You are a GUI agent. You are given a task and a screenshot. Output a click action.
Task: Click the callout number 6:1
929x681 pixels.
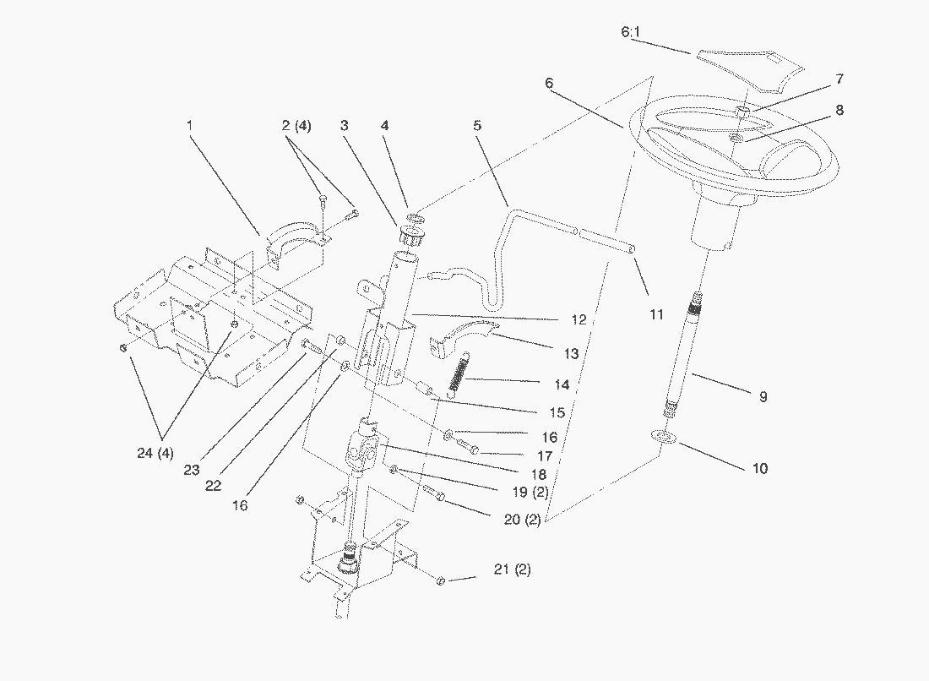(630, 32)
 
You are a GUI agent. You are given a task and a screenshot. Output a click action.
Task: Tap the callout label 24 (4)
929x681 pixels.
(155, 454)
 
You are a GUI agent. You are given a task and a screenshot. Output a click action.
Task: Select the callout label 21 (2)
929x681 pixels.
(513, 569)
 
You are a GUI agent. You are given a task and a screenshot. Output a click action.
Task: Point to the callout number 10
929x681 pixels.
(759, 468)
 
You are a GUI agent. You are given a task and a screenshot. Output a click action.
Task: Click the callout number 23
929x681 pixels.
(192, 470)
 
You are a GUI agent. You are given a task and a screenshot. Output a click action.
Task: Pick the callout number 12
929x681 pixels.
(579, 320)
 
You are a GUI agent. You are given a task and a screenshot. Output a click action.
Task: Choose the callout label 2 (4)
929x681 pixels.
(296, 126)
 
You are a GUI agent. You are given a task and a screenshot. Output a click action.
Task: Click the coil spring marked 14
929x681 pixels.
(459, 373)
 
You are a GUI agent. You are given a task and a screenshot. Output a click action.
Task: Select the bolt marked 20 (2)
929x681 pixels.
(434, 491)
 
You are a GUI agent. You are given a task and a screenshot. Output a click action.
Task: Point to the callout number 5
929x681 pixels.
(477, 126)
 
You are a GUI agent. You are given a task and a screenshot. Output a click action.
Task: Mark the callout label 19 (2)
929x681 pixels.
(530, 493)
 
